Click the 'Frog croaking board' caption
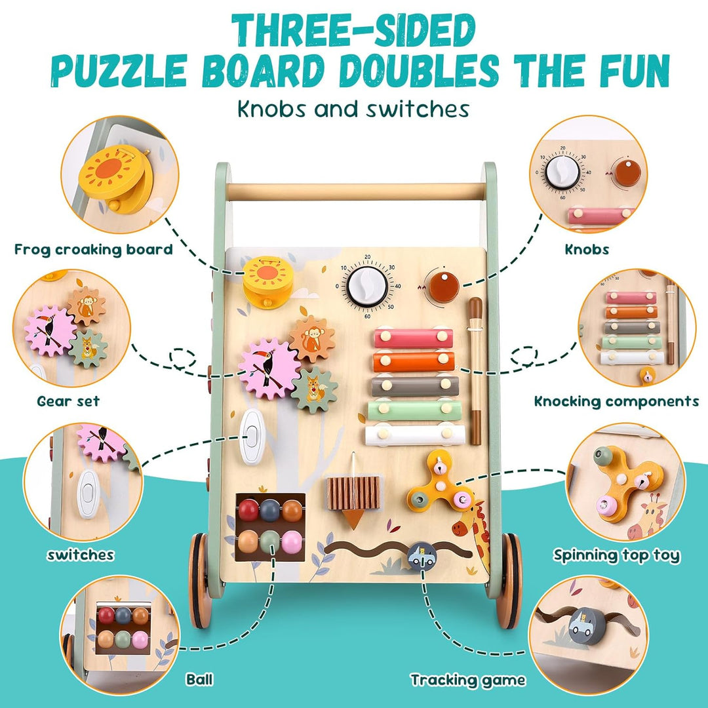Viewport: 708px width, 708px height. [x=94, y=249]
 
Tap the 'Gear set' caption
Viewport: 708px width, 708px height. [x=68, y=401]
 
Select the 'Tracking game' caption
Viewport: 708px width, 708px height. [x=468, y=680]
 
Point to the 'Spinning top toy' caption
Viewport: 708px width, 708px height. [x=616, y=555]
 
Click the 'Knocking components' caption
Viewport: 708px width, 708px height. [x=616, y=401]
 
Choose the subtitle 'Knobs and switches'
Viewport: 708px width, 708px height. [x=353, y=109]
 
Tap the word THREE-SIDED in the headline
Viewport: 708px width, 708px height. [x=353, y=30]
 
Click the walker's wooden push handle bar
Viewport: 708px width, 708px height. [x=355, y=191]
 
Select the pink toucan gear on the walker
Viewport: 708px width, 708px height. [x=269, y=368]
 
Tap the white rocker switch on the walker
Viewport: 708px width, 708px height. [x=252, y=437]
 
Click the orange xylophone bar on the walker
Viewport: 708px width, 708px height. [x=414, y=361]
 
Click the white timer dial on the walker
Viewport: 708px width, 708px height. [x=366, y=286]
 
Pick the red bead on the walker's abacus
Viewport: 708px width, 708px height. [x=248, y=509]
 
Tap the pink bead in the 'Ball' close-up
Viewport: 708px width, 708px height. [x=140, y=639]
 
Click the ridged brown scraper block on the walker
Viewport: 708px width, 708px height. [x=353, y=492]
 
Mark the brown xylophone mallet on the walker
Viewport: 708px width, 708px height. [x=475, y=370]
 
